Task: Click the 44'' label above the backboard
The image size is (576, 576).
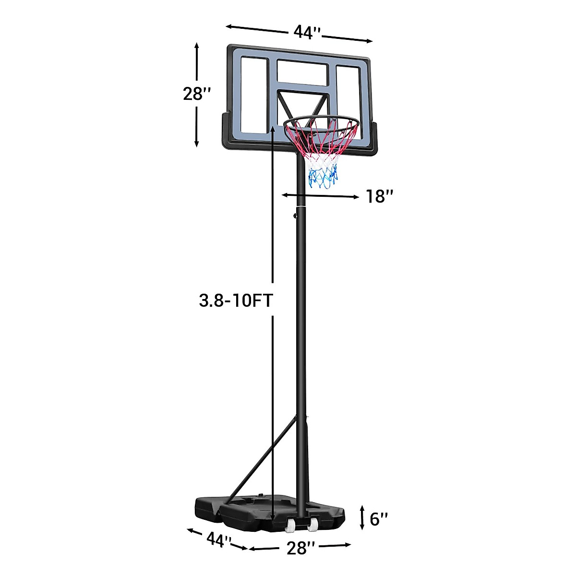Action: pos(307,32)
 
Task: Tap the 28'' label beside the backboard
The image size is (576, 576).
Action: pos(197,94)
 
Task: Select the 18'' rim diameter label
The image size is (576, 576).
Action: pos(380,196)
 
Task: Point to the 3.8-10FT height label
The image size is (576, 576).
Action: pos(236,300)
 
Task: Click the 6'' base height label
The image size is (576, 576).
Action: pos(379,519)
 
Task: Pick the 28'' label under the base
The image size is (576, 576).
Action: pos(299,548)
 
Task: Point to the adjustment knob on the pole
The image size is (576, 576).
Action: pos(294,216)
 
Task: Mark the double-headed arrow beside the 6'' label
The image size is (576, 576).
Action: pos(362,518)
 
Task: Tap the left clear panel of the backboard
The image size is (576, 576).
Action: pos(253,96)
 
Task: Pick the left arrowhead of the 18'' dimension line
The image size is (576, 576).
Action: pos(285,195)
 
